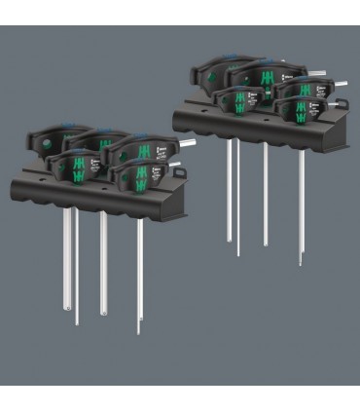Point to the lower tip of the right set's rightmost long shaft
[x=300, y=263]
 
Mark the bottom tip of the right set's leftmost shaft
[x=229, y=240]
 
